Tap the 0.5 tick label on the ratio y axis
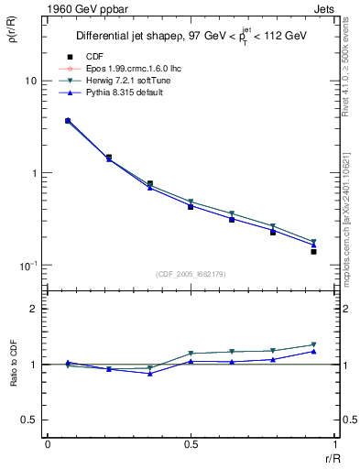click(28, 420)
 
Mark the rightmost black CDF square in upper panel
click(313, 251)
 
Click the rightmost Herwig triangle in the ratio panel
click(313, 345)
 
